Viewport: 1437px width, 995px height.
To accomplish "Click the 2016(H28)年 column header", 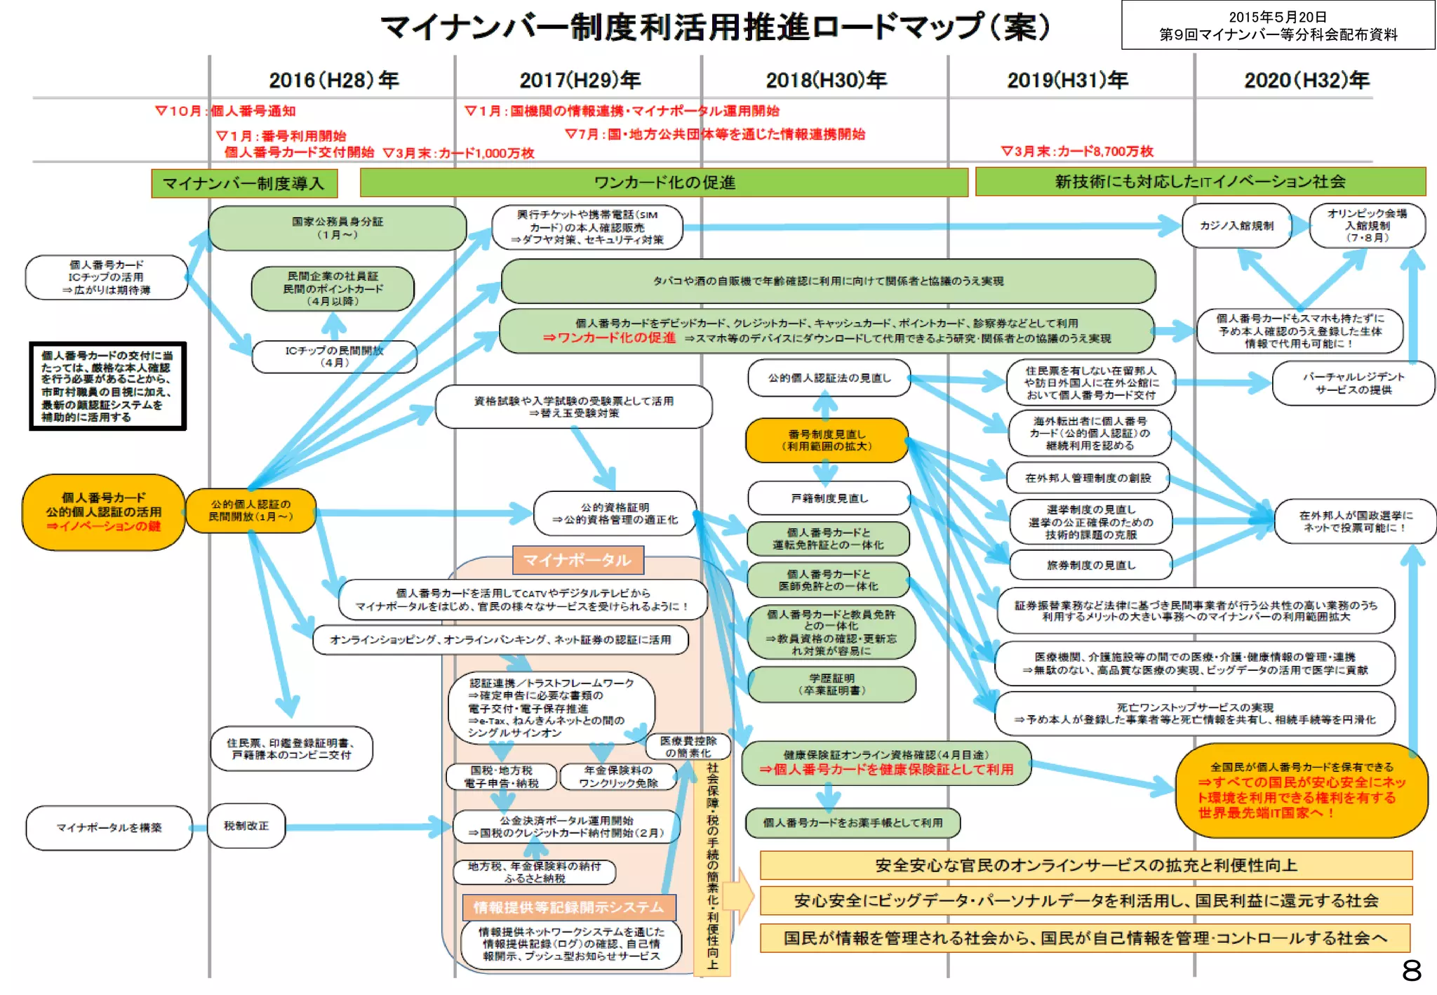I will (333, 80).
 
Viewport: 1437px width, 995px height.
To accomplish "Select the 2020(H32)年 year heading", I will (1306, 80).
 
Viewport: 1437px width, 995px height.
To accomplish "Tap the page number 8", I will (1412, 970).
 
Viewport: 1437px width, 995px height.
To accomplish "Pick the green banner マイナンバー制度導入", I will (244, 183).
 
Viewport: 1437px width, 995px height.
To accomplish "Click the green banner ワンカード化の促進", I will (664, 182).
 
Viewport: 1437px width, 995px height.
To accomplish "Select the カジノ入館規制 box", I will (1236, 226).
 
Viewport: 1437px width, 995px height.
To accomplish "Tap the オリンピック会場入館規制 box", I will (1367, 225).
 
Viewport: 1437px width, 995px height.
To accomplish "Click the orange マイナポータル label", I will (577, 560).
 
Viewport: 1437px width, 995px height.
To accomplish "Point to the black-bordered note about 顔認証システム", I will (107, 386).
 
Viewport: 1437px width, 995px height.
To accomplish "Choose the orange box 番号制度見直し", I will (827, 440).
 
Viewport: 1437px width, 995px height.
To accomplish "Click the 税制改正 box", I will (246, 826).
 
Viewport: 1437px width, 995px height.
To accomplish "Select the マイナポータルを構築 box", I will (109, 828).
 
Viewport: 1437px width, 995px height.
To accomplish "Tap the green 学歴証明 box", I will (831, 684).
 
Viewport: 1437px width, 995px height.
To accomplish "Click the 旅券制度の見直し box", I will (1090, 565).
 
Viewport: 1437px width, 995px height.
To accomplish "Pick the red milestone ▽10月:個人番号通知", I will (225, 111).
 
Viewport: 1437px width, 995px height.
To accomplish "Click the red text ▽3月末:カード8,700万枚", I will (1076, 151).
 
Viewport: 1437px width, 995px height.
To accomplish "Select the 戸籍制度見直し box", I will (829, 498).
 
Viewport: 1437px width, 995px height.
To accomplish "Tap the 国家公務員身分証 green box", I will (337, 227).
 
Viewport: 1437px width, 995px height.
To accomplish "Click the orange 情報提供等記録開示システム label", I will (568, 907).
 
